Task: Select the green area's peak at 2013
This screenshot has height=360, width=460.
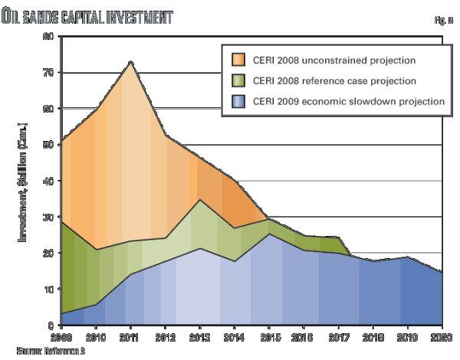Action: click(199, 200)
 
